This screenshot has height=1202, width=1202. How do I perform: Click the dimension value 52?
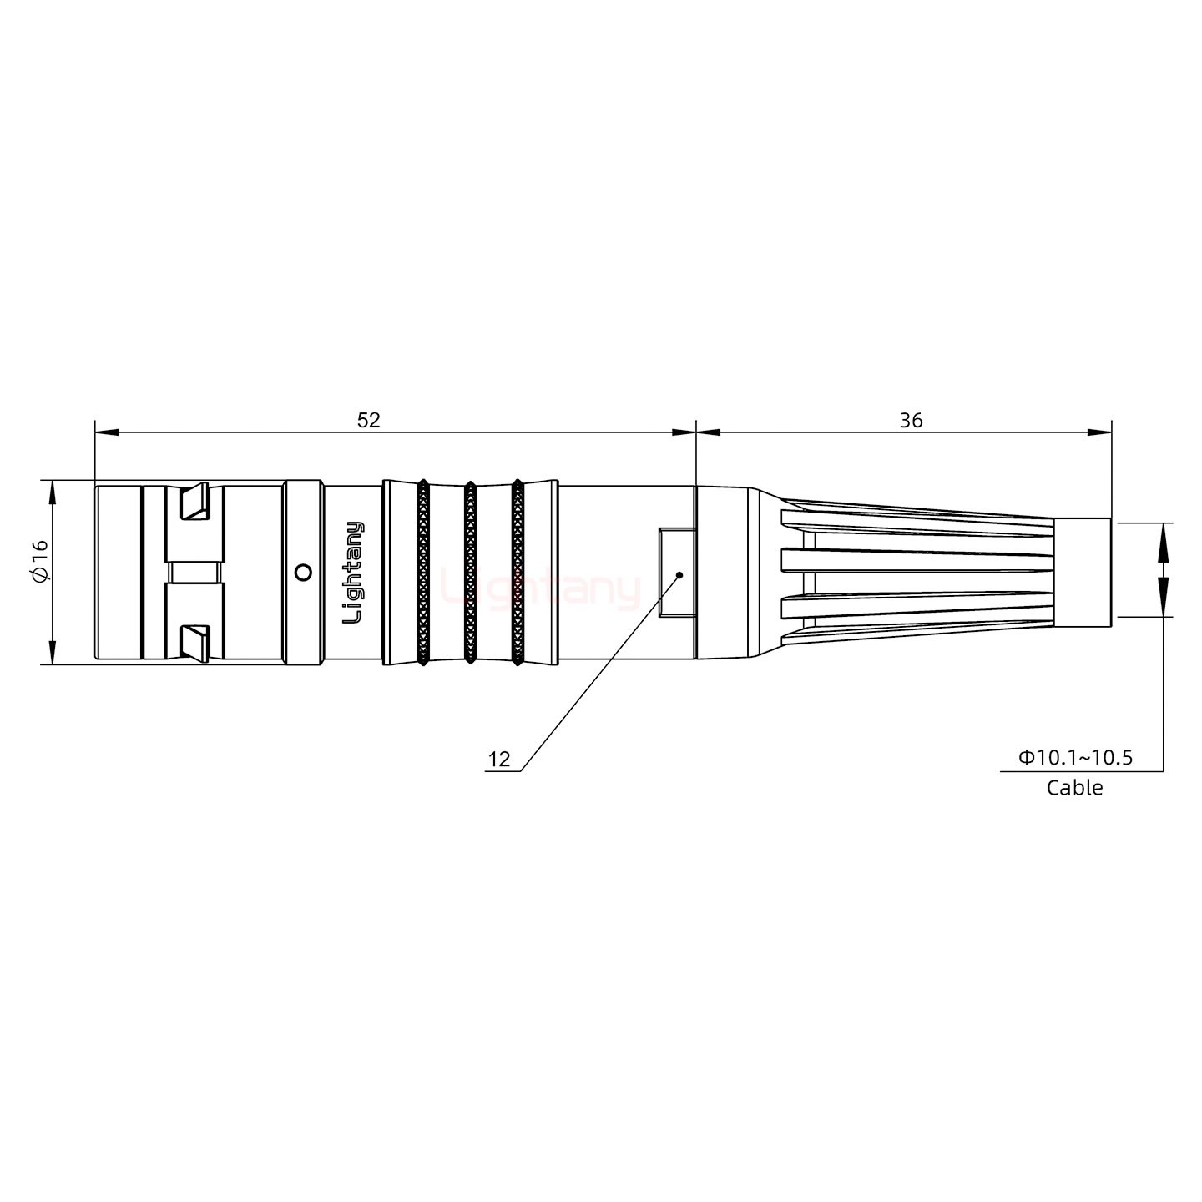tap(368, 420)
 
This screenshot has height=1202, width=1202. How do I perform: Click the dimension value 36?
tap(911, 420)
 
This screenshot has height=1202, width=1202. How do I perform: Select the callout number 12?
tap(498, 760)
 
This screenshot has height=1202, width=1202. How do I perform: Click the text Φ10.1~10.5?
tap(1074, 758)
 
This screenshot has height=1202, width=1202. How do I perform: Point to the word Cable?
tap(1074, 788)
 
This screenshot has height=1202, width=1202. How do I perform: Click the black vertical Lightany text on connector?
tap(354, 573)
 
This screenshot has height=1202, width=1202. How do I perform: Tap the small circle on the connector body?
tap(304, 573)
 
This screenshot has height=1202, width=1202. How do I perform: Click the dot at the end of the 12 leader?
tap(679, 575)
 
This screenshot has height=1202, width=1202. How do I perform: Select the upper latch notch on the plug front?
tap(195, 502)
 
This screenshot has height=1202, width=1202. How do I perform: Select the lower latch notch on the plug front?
tap(195, 642)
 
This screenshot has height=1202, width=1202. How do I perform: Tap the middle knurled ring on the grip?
tap(470, 573)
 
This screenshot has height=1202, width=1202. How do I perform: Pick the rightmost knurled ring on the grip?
tap(518, 573)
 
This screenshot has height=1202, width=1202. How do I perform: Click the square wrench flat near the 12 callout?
tap(675, 573)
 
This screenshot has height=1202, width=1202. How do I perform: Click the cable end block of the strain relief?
tap(1082, 573)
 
